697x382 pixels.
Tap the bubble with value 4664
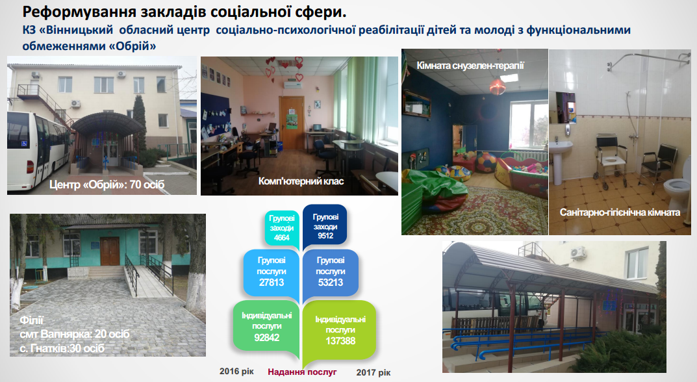click(282, 228)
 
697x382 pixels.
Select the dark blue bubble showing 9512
click(325, 226)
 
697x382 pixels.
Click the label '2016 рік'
click(236, 372)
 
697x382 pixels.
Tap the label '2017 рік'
click(374, 373)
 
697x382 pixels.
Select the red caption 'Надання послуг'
click(302, 372)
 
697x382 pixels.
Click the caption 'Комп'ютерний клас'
click(301, 181)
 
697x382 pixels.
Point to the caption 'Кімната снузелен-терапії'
click(470, 66)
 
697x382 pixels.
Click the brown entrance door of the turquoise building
click(110, 251)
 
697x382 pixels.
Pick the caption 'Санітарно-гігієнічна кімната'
click(620, 212)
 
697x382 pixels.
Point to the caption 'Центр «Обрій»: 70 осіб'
click(107, 184)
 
